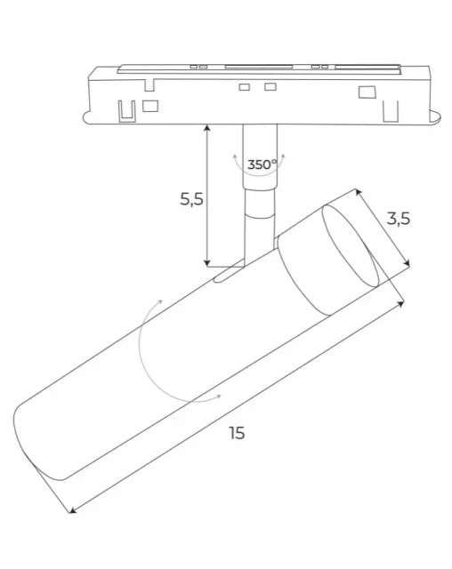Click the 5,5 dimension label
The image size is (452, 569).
pyautogui.click(x=192, y=199)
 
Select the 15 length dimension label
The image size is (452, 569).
pyautogui.click(x=236, y=433)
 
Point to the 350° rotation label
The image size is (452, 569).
pyautogui.click(x=262, y=164)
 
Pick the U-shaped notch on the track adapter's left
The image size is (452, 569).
pyautogui.click(x=125, y=109)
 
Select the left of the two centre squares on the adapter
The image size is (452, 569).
pyautogui.click(x=244, y=86)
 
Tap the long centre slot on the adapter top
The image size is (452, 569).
pyautogui.click(x=258, y=66)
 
